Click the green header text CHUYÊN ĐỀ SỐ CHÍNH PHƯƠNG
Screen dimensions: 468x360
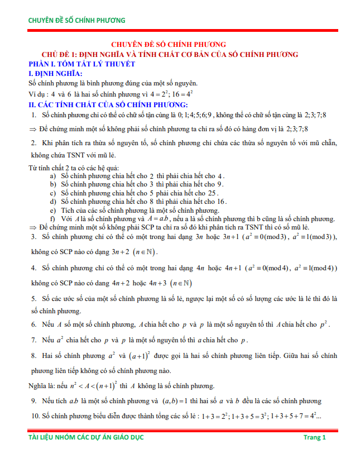77,21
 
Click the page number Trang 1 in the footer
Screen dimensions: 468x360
315,437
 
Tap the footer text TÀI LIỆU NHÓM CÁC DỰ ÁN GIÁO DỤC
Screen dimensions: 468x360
86,437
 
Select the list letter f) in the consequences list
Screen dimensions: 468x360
54,218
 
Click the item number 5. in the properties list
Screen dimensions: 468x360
34,299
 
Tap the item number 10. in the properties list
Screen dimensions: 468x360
36,416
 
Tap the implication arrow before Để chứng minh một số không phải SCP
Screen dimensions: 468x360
32,227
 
